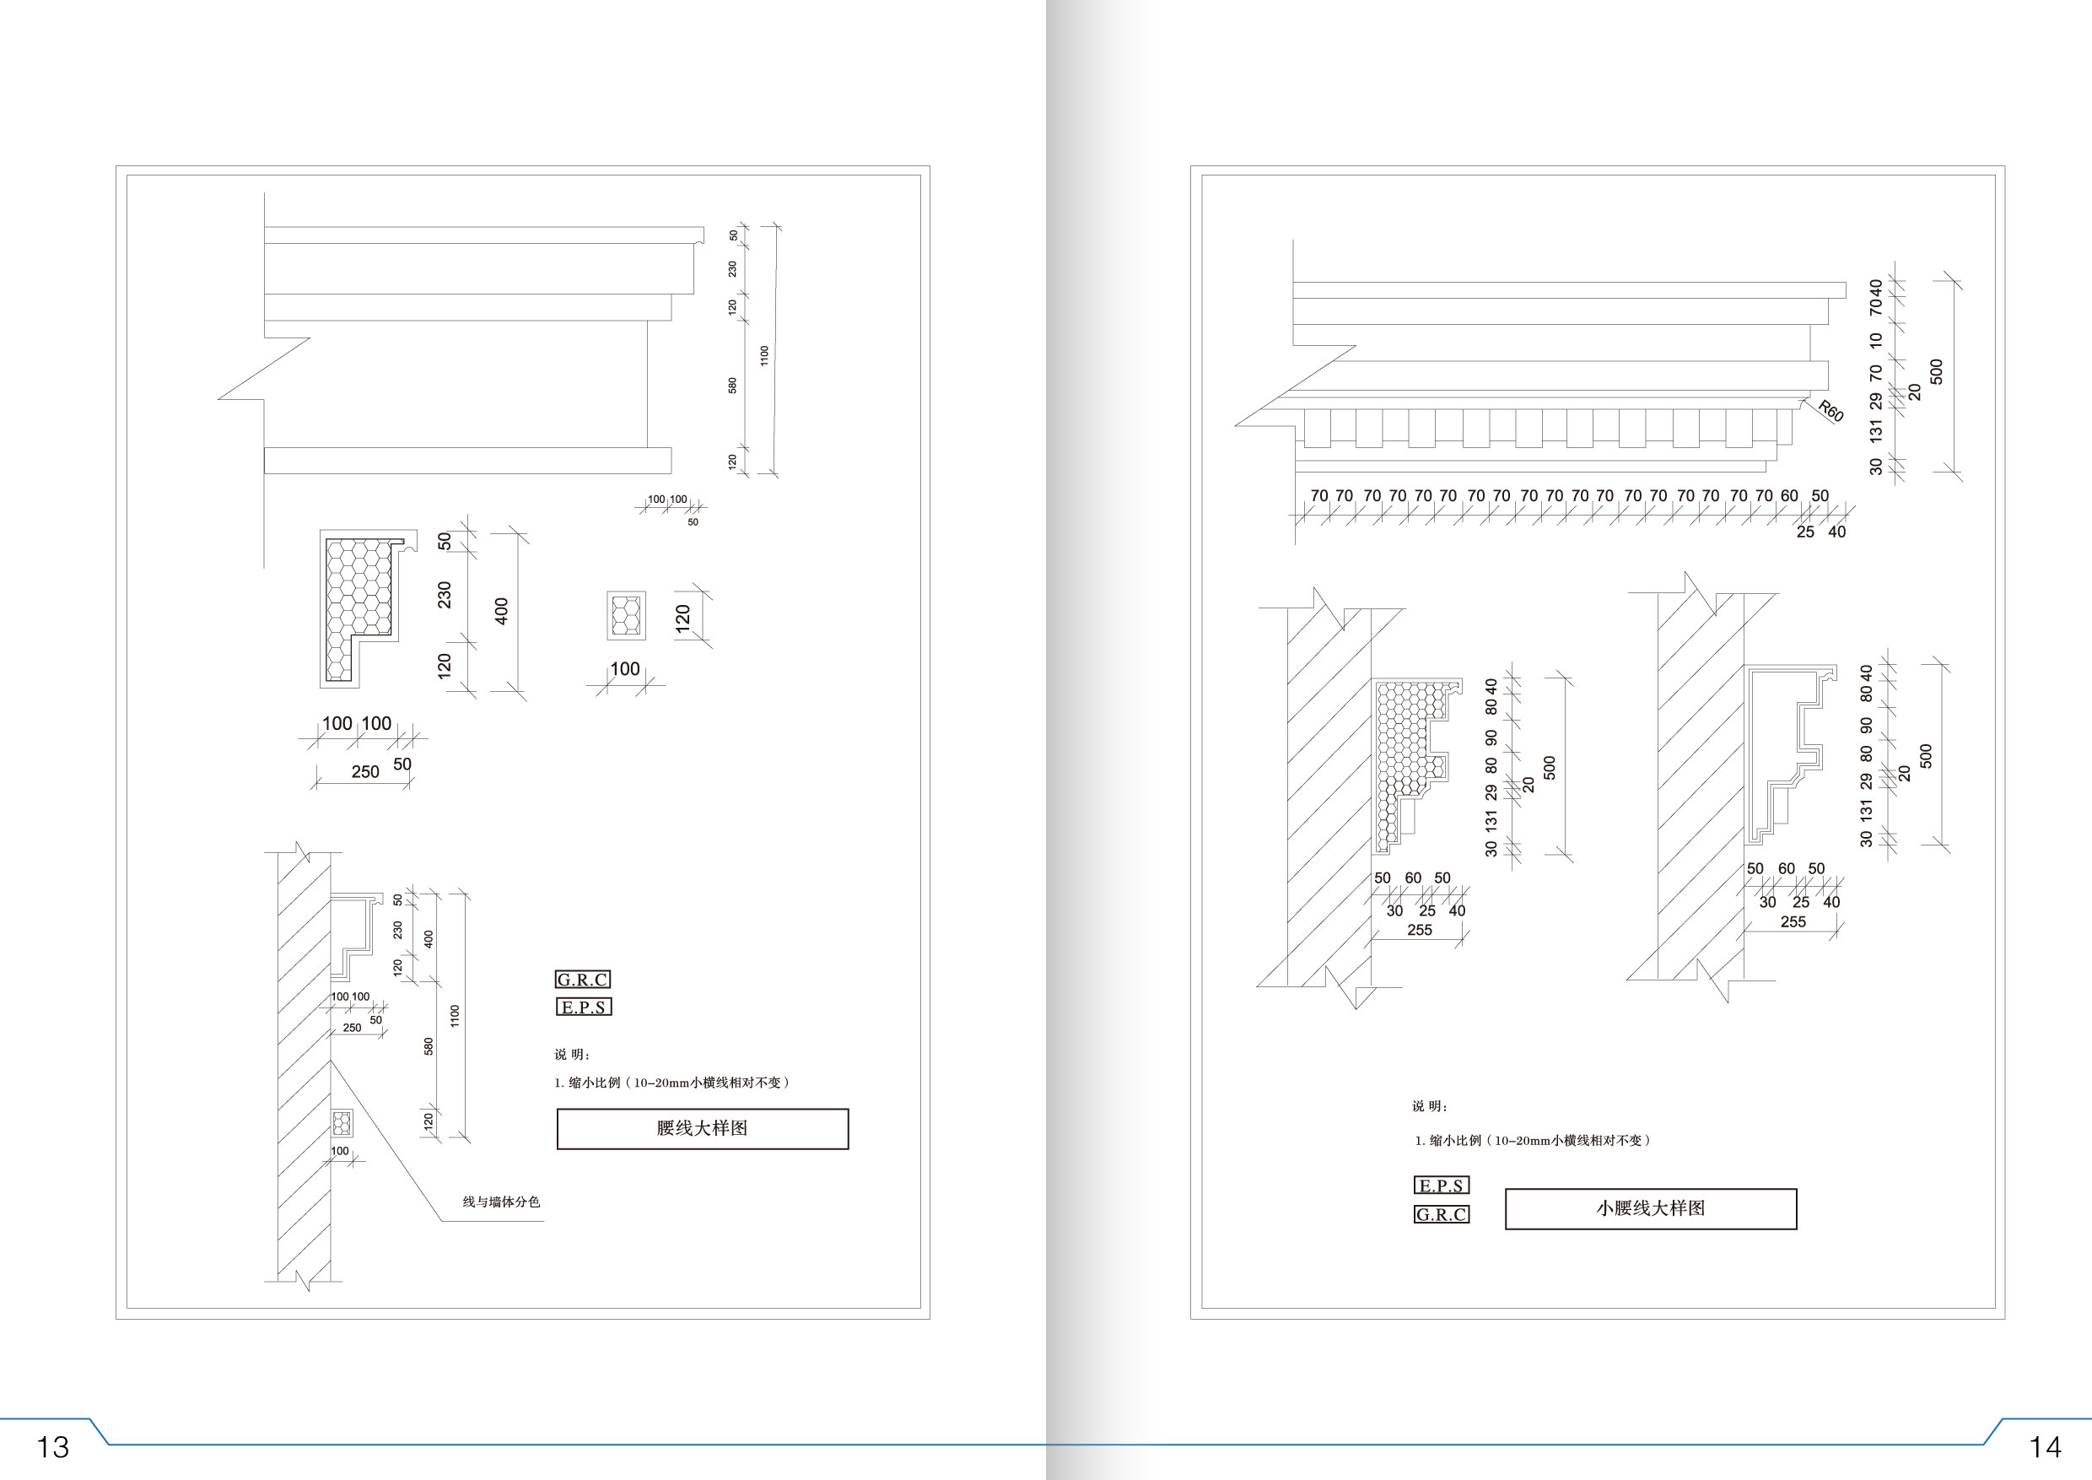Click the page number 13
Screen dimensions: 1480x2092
click(52, 1446)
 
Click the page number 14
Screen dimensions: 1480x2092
click(2045, 1446)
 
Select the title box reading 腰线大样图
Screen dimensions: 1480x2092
click(703, 1128)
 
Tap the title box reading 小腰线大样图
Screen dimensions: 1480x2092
click(1650, 1208)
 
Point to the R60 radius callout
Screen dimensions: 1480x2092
click(1830, 411)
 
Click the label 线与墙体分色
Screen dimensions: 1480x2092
click(501, 1202)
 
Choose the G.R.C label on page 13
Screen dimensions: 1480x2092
click(582, 980)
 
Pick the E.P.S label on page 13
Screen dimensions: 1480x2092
click(583, 1007)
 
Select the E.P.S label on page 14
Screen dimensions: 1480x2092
click(1441, 1186)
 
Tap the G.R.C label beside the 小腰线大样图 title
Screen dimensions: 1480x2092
click(1441, 1215)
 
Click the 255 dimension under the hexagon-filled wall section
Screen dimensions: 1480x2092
click(1420, 931)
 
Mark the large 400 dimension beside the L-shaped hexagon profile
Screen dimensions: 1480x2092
click(501, 612)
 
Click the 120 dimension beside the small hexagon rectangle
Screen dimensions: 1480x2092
click(682, 617)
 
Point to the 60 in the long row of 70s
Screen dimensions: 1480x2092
click(1789, 496)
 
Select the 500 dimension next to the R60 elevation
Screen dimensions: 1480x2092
click(1937, 372)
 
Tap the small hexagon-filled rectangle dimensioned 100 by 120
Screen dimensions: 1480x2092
click(626, 615)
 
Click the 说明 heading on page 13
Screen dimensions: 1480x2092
click(572, 1055)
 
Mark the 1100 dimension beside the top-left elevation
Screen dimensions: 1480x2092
click(764, 355)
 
